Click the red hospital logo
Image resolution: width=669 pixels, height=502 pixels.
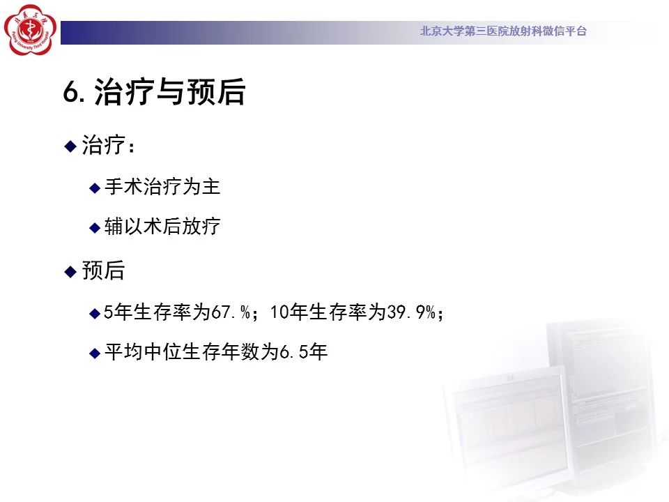30,30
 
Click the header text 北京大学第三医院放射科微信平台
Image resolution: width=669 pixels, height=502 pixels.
503,31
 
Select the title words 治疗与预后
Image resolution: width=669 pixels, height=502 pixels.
169,91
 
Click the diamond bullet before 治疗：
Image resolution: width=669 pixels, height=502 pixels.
70,146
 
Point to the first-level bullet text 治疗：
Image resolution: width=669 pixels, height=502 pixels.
109,145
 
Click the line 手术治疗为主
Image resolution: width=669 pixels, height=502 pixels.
162,187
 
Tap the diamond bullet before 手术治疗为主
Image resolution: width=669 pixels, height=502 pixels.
95,188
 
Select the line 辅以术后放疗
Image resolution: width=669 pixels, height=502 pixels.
162,226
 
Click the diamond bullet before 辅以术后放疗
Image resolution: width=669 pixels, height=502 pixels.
95,227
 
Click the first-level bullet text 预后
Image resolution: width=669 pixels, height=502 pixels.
103,271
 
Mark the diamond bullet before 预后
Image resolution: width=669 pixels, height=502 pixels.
70,272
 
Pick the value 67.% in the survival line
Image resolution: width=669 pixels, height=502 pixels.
231,312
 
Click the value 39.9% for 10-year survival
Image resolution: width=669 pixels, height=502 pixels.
411,312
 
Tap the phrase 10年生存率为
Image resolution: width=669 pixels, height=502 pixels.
328,312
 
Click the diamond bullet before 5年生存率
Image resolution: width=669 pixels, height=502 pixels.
95,314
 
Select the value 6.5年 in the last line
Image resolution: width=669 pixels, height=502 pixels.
303,351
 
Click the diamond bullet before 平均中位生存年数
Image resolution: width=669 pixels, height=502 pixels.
95,353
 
